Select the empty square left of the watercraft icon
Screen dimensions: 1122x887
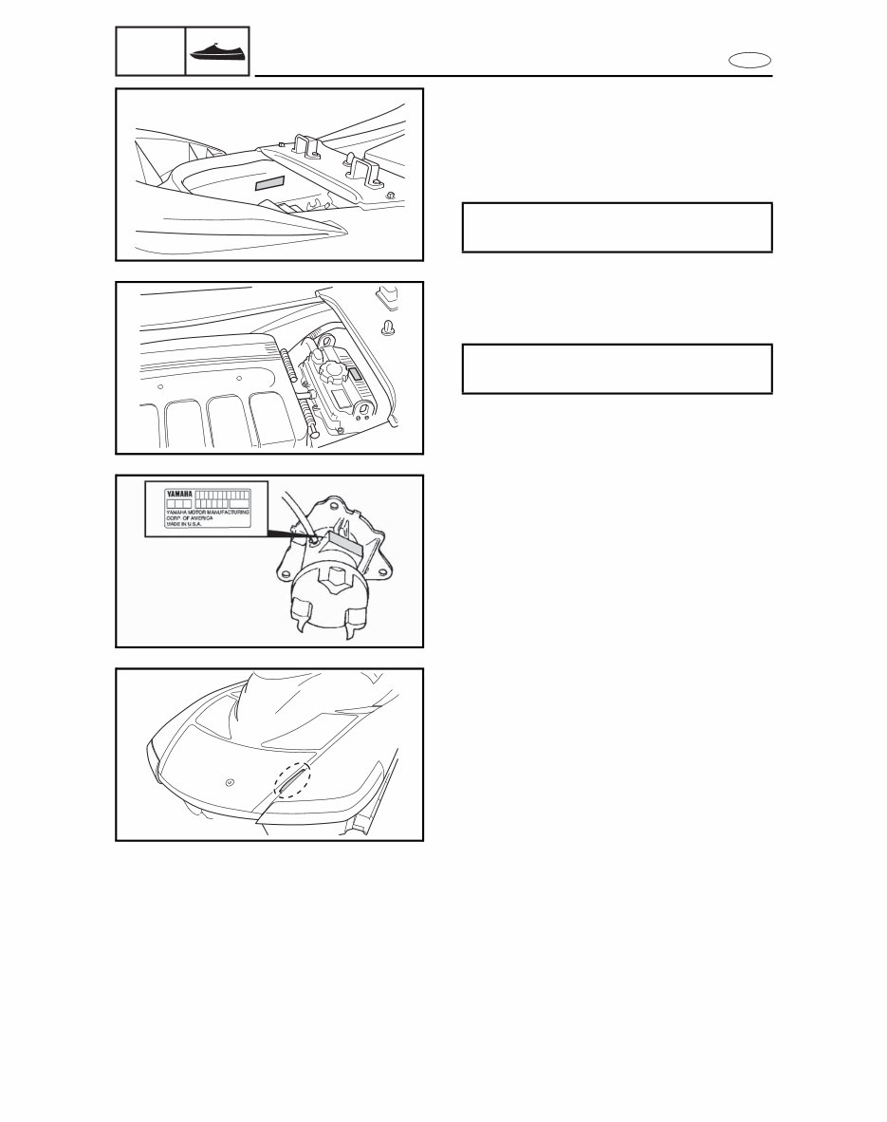tap(149, 51)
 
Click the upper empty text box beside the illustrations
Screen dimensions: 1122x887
tap(617, 227)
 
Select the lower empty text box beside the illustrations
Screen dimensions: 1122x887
tap(617, 368)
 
